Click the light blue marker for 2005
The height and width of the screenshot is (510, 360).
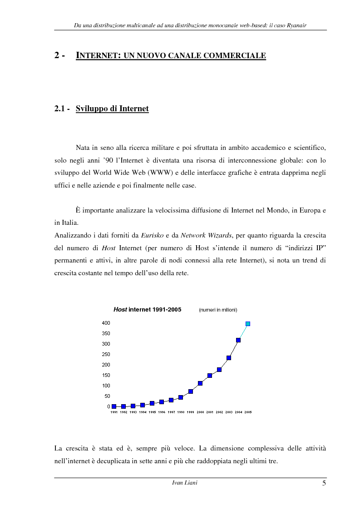coord(248,324)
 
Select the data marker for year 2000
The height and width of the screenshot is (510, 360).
coord(200,383)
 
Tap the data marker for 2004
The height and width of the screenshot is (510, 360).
coord(238,340)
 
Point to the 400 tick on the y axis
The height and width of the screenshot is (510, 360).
coord(106,323)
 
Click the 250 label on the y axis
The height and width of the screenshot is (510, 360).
coord(106,354)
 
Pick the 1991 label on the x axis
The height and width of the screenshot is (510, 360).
coord(114,412)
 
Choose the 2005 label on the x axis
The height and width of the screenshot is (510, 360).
coord(248,412)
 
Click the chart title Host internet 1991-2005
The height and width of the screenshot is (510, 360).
coord(147,310)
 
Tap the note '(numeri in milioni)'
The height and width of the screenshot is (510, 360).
coord(218,310)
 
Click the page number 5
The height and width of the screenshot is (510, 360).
coord(324,483)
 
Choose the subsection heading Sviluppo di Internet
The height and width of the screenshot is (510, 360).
coord(112,109)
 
